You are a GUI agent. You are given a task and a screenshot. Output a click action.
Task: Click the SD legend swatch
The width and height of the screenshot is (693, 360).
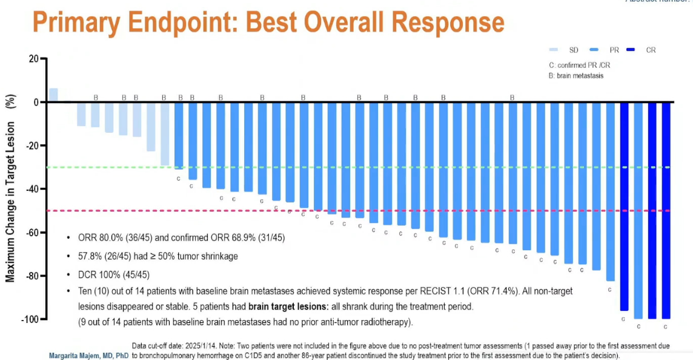[x=554, y=50]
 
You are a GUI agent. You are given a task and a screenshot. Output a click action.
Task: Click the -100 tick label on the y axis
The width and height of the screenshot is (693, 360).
[x=28, y=319]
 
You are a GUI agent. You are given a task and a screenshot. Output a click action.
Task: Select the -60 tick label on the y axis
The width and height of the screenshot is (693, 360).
[x=31, y=233]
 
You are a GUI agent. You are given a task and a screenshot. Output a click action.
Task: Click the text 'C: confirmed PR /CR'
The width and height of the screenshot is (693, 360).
[x=575, y=65]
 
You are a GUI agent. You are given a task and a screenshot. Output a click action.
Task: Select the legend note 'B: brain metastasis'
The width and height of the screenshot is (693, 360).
[x=575, y=76]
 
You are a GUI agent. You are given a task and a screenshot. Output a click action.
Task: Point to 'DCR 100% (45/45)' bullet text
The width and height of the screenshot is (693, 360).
[x=113, y=274]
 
